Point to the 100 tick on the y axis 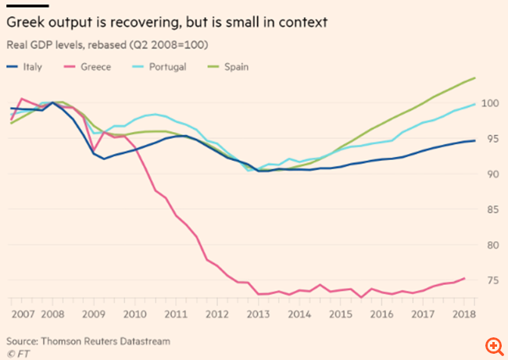point(490,103)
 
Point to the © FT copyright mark point(16,354)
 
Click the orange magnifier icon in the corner point(493,345)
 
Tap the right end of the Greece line point(465,278)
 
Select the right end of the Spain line point(476,78)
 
